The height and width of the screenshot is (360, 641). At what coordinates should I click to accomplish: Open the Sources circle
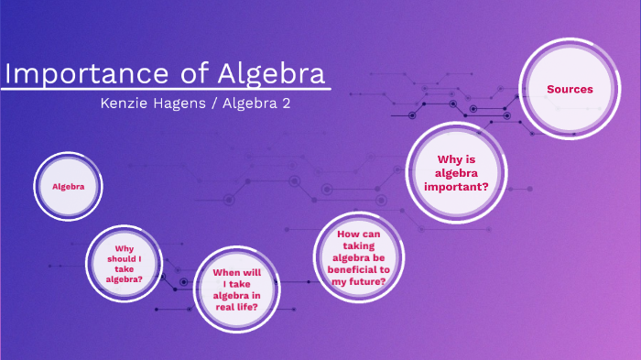[570, 89]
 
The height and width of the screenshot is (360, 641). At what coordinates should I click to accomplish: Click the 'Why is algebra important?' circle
[455, 173]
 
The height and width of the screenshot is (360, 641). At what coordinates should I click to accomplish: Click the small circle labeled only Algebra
[69, 186]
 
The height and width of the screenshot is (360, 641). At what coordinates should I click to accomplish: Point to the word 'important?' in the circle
[455, 187]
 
